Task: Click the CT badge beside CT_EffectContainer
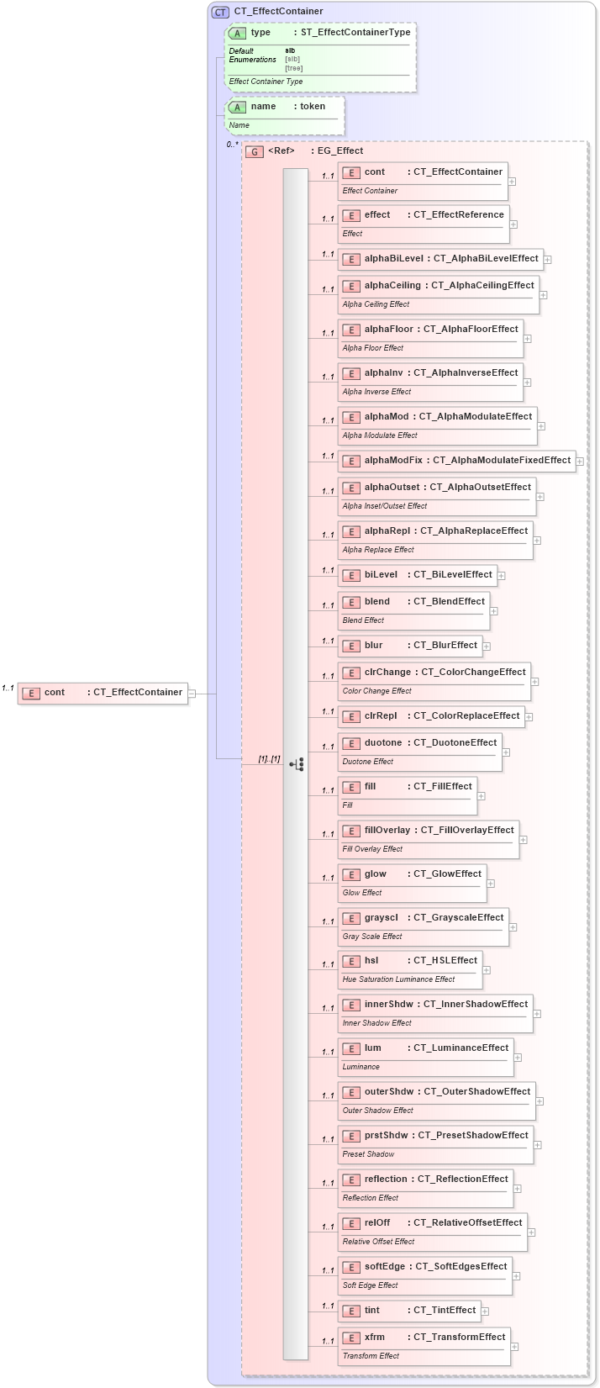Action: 220,12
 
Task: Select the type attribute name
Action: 261,33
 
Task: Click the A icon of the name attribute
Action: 237,107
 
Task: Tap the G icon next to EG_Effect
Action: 255,151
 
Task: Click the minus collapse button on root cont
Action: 192,694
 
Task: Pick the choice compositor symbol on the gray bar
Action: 297,764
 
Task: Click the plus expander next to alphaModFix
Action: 580,462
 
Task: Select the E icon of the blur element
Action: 351,647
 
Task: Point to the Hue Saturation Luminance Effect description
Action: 398,979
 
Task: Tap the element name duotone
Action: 383,743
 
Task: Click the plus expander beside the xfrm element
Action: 514,1347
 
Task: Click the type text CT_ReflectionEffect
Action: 462,1180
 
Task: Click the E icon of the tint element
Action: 351,1311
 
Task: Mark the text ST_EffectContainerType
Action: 355,33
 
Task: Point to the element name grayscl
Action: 382,918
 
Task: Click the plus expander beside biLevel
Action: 501,576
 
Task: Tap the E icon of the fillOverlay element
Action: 351,831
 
